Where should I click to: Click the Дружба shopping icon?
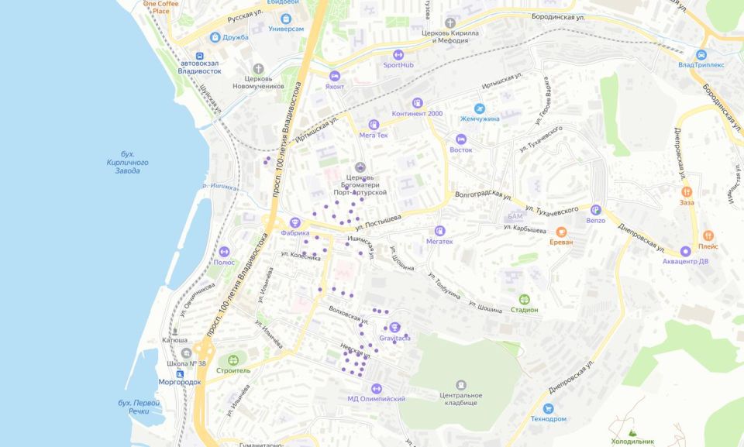215,37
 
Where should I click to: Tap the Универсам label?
286,29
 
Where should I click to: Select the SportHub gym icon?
398,55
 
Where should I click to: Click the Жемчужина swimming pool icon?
480,108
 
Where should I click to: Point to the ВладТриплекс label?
701,65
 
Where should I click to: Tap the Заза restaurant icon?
687,191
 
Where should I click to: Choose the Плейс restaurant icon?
708,236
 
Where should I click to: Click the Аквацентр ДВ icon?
686,251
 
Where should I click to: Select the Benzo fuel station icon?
595,209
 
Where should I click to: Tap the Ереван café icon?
561,231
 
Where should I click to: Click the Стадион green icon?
525,299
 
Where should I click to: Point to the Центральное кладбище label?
461,399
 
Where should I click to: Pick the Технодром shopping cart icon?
549,408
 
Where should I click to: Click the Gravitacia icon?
394,328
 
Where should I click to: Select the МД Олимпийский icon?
377,388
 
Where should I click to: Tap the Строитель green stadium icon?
233,360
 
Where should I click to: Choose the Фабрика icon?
294,222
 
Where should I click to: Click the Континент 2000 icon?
418,103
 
